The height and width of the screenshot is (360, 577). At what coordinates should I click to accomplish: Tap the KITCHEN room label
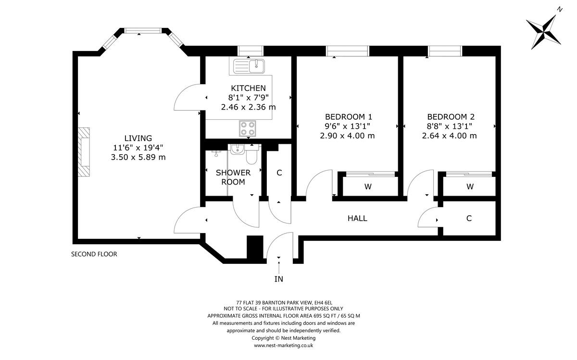click(x=248, y=88)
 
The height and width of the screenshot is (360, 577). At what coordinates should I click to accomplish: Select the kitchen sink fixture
click(x=250, y=65)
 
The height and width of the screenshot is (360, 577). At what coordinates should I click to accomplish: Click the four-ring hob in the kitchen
click(x=248, y=128)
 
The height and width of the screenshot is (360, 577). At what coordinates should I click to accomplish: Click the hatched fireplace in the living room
click(x=85, y=152)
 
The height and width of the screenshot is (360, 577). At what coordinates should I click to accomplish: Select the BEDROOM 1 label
click(x=349, y=116)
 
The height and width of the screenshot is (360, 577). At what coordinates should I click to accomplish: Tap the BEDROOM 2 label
click(x=451, y=116)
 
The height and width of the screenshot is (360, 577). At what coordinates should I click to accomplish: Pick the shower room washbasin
click(x=238, y=150)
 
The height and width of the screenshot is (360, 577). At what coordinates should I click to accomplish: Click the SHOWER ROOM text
click(x=233, y=177)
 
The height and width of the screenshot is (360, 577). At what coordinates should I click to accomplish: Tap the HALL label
click(x=357, y=218)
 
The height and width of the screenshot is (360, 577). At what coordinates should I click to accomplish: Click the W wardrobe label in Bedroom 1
click(x=368, y=186)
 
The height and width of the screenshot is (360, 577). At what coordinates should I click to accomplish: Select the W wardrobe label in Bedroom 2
click(x=470, y=186)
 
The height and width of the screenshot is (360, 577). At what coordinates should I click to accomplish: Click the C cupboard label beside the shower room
click(x=279, y=173)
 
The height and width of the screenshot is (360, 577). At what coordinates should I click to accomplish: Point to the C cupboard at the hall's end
click(x=469, y=218)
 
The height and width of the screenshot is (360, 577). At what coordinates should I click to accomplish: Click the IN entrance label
click(x=278, y=278)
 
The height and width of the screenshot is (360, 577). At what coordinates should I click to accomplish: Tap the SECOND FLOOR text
click(x=94, y=254)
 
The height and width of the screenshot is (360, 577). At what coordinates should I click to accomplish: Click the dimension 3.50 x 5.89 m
click(x=138, y=157)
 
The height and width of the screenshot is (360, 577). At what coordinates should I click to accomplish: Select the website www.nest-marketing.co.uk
click(x=284, y=345)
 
